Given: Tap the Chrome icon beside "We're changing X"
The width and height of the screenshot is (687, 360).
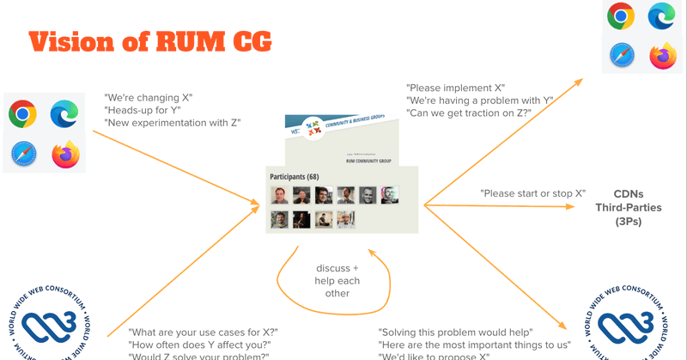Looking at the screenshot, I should click(22, 113).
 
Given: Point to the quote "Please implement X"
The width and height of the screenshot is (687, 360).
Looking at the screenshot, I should click(456, 88).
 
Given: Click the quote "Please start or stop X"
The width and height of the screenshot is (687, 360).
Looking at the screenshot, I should click(532, 193).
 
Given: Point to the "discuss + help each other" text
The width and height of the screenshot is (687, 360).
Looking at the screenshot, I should click(336, 280).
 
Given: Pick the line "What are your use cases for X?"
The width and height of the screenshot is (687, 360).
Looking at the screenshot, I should click(203, 333).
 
